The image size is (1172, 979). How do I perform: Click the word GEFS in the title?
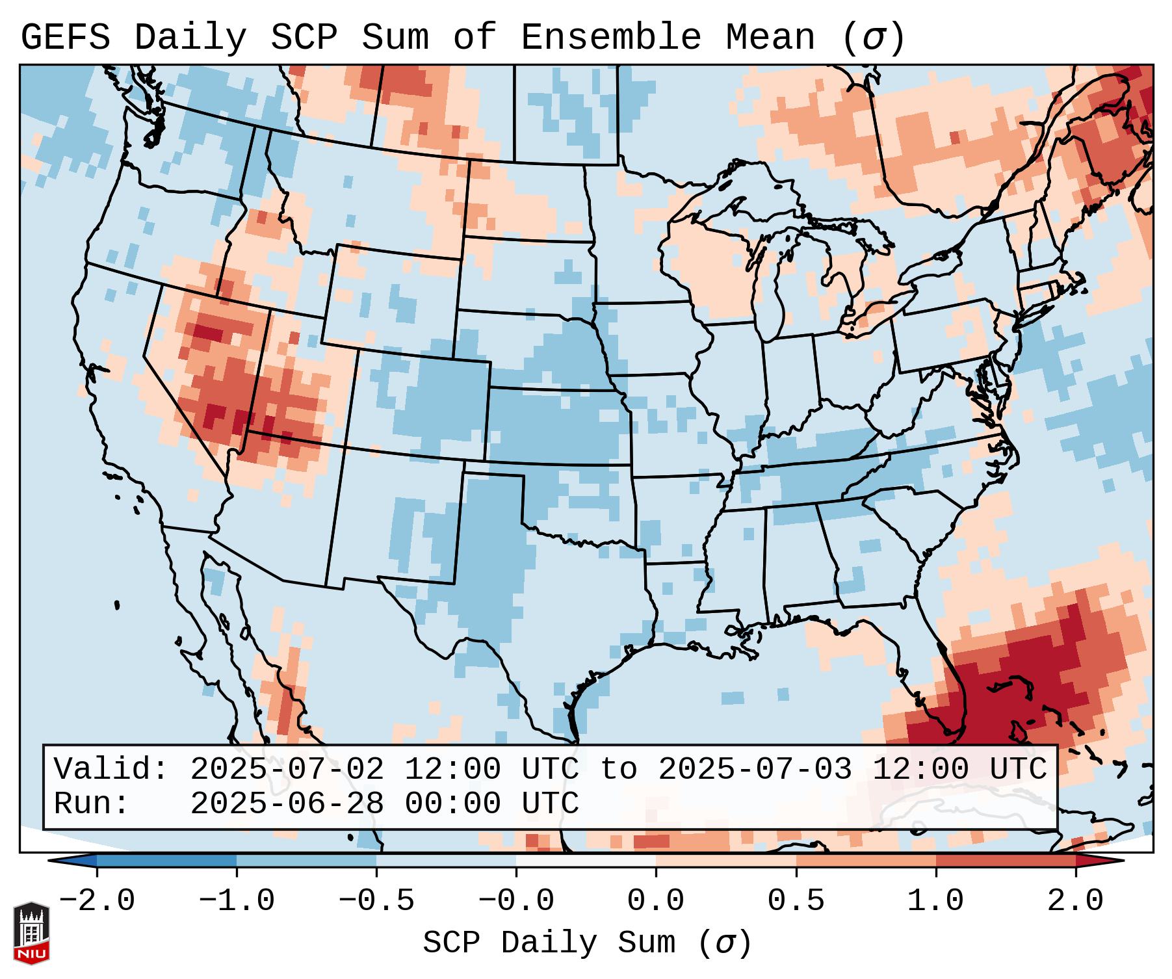65,38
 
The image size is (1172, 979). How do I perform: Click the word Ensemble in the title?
610,38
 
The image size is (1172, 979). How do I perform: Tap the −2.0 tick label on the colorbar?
97,901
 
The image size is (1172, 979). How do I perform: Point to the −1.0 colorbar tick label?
237,901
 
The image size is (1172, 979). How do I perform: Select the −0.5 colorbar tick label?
376,901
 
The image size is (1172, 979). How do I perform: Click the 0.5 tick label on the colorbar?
796,901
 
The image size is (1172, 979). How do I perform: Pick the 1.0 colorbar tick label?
936,901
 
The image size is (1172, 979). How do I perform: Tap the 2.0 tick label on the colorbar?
1076,901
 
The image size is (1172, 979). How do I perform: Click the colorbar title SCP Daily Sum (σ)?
587,943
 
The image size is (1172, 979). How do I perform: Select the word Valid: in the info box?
111,770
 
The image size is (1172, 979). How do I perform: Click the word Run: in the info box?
92,804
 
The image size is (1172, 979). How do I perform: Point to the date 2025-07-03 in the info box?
755,770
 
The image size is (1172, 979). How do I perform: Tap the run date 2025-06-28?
287,804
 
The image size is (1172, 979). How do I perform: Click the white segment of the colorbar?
586,861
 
